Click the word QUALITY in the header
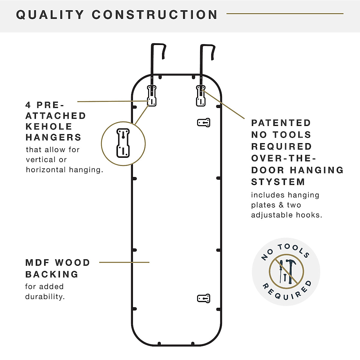tap(50, 15)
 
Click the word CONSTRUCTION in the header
tap(155, 15)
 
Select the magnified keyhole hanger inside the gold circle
tap(123, 143)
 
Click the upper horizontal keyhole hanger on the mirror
tap(204, 122)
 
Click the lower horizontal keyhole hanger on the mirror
tap(204, 298)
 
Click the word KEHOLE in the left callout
tap(49, 127)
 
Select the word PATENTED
tap(281, 123)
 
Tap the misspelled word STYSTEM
tap(278, 182)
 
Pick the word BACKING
tap(52, 274)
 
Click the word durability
tap(45, 297)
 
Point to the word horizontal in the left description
tap(46, 170)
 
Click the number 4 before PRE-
tap(28, 105)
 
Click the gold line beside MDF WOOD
tap(124, 262)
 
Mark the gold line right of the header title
tap(285, 13)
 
